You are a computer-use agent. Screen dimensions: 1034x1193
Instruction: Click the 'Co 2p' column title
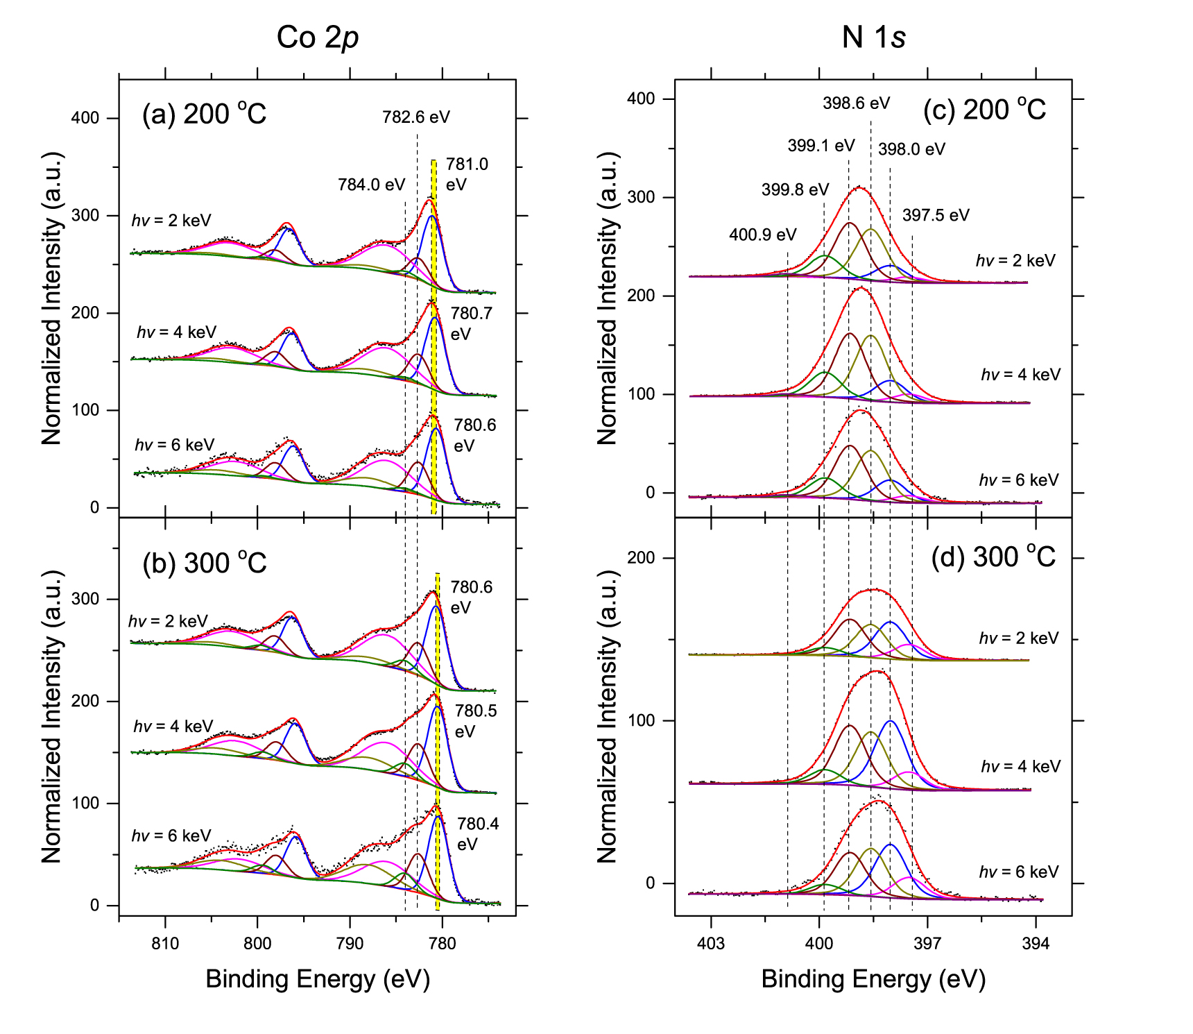[317, 37]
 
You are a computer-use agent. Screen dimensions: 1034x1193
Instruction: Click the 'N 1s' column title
[873, 37]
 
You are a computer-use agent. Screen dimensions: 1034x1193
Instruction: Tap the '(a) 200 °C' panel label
[204, 114]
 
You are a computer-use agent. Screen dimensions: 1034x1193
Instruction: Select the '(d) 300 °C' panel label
[993, 557]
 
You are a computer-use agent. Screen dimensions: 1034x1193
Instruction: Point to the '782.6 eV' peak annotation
[415, 117]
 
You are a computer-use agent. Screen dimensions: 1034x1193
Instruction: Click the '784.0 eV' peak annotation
[371, 185]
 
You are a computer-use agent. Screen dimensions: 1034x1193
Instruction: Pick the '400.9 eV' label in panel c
[762, 235]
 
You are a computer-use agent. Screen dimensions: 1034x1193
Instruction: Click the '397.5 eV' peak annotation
[935, 215]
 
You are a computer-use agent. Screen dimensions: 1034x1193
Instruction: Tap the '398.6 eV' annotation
[856, 103]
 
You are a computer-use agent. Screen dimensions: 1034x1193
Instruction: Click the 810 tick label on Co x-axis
[165, 944]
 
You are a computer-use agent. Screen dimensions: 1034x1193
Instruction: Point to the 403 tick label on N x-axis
[710, 944]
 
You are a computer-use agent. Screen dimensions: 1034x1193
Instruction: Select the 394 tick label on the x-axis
[1036, 944]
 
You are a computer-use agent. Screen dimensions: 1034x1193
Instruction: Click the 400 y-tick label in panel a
[85, 118]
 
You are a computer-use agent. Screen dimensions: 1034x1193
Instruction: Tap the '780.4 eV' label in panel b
[477, 833]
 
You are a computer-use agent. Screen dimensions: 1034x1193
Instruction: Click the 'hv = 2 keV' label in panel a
[171, 221]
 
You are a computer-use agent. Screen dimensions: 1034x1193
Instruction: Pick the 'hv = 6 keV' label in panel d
[1018, 872]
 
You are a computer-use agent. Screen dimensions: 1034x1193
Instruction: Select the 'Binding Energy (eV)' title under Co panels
[318, 979]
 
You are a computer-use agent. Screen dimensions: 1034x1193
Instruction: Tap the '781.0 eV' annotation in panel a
[466, 174]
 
